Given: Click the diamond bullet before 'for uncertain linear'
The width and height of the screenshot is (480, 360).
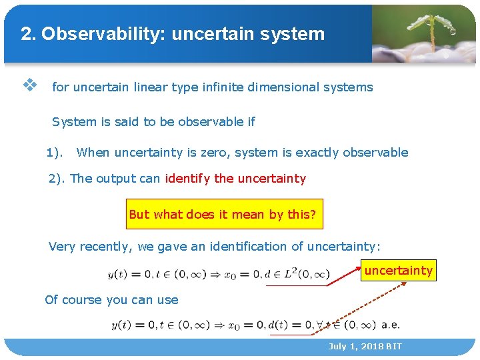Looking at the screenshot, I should click(29, 85).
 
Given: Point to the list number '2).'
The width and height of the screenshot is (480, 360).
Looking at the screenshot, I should click(57, 178).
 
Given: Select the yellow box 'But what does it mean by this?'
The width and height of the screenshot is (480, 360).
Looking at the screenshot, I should click(224, 214).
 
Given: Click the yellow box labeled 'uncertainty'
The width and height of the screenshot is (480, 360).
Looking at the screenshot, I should click(399, 271).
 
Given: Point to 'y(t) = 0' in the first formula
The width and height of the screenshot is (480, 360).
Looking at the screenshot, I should click(129, 274).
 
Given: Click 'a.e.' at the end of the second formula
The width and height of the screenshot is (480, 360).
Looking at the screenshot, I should click(391, 325).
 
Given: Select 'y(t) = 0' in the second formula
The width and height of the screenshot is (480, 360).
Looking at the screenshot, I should click(133, 325).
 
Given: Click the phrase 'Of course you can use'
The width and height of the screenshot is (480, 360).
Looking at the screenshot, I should click(111, 299).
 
